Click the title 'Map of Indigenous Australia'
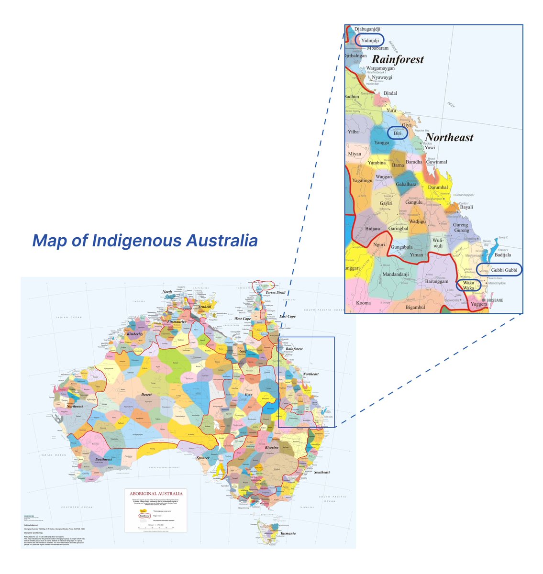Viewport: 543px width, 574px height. [x=145, y=241]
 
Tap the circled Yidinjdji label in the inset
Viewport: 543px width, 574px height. [x=370, y=41]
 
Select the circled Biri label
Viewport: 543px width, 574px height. [x=398, y=133]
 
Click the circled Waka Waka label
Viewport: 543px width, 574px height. [x=468, y=286]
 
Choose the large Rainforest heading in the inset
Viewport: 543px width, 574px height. [x=398, y=60]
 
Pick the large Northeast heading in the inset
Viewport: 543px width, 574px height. [x=449, y=138]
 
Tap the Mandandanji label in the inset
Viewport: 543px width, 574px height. [x=396, y=275]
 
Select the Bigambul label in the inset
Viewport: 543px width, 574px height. [x=415, y=307]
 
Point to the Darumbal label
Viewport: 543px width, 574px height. [x=438, y=188]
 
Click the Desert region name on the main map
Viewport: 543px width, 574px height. [x=147, y=395]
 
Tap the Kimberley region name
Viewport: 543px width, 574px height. [x=135, y=334]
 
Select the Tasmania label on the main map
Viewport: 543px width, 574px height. [x=288, y=533]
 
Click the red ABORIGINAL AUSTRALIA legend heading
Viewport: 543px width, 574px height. [x=153, y=493]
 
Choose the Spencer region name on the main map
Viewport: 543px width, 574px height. [x=203, y=458]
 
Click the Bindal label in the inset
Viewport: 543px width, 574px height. [x=390, y=93]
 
